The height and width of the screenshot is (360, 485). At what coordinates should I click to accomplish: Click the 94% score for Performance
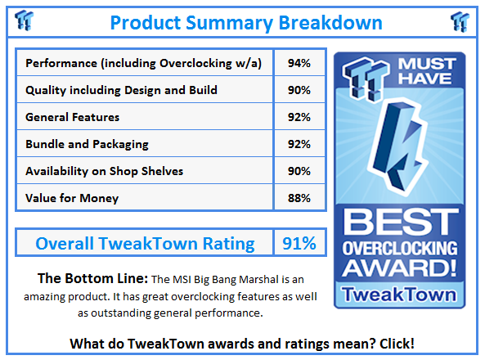pyautogui.click(x=299, y=63)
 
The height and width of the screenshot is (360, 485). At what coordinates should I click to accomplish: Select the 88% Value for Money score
pyautogui.click(x=299, y=198)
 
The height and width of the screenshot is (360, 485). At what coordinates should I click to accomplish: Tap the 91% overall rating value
pyautogui.click(x=299, y=243)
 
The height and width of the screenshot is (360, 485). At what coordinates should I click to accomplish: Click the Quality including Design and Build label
pyautogui.click(x=121, y=90)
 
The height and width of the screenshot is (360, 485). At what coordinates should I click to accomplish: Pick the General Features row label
pyautogui.click(x=72, y=117)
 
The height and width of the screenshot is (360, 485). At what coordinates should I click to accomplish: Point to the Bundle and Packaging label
pyautogui.click(x=87, y=144)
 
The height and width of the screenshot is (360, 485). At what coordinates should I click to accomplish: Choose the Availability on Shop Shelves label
pyautogui.click(x=104, y=171)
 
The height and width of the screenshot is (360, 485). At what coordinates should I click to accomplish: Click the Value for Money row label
pyautogui.click(x=72, y=198)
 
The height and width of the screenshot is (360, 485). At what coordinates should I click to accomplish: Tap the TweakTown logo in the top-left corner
pyautogui.click(x=24, y=20)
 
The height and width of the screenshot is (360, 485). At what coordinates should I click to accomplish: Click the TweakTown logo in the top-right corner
pyautogui.click(x=460, y=21)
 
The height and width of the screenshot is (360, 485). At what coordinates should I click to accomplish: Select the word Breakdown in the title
pyautogui.click(x=330, y=23)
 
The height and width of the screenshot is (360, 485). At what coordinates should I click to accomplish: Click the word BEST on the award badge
pyautogui.click(x=400, y=222)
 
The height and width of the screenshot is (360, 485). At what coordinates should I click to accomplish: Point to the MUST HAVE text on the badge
pyautogui.click(x=427, y=71)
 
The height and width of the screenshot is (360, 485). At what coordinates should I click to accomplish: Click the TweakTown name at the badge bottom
pyautogui.click(x=399, y=295)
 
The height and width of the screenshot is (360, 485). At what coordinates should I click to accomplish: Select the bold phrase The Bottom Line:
pyautogui.click(x=92, y=278)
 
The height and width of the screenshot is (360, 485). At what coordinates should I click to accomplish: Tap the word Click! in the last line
pyautogui.click(x=397, y=344)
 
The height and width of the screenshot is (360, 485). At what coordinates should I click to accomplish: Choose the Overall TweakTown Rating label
pyautogui.click(x=145, y=243)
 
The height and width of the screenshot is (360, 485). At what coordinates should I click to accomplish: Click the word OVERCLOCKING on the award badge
pyautogui.click(x=400, y=248)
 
